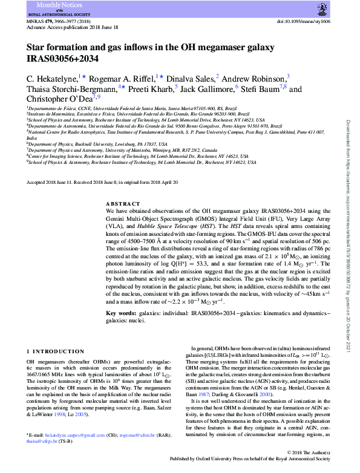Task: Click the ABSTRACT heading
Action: coord(123,204)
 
